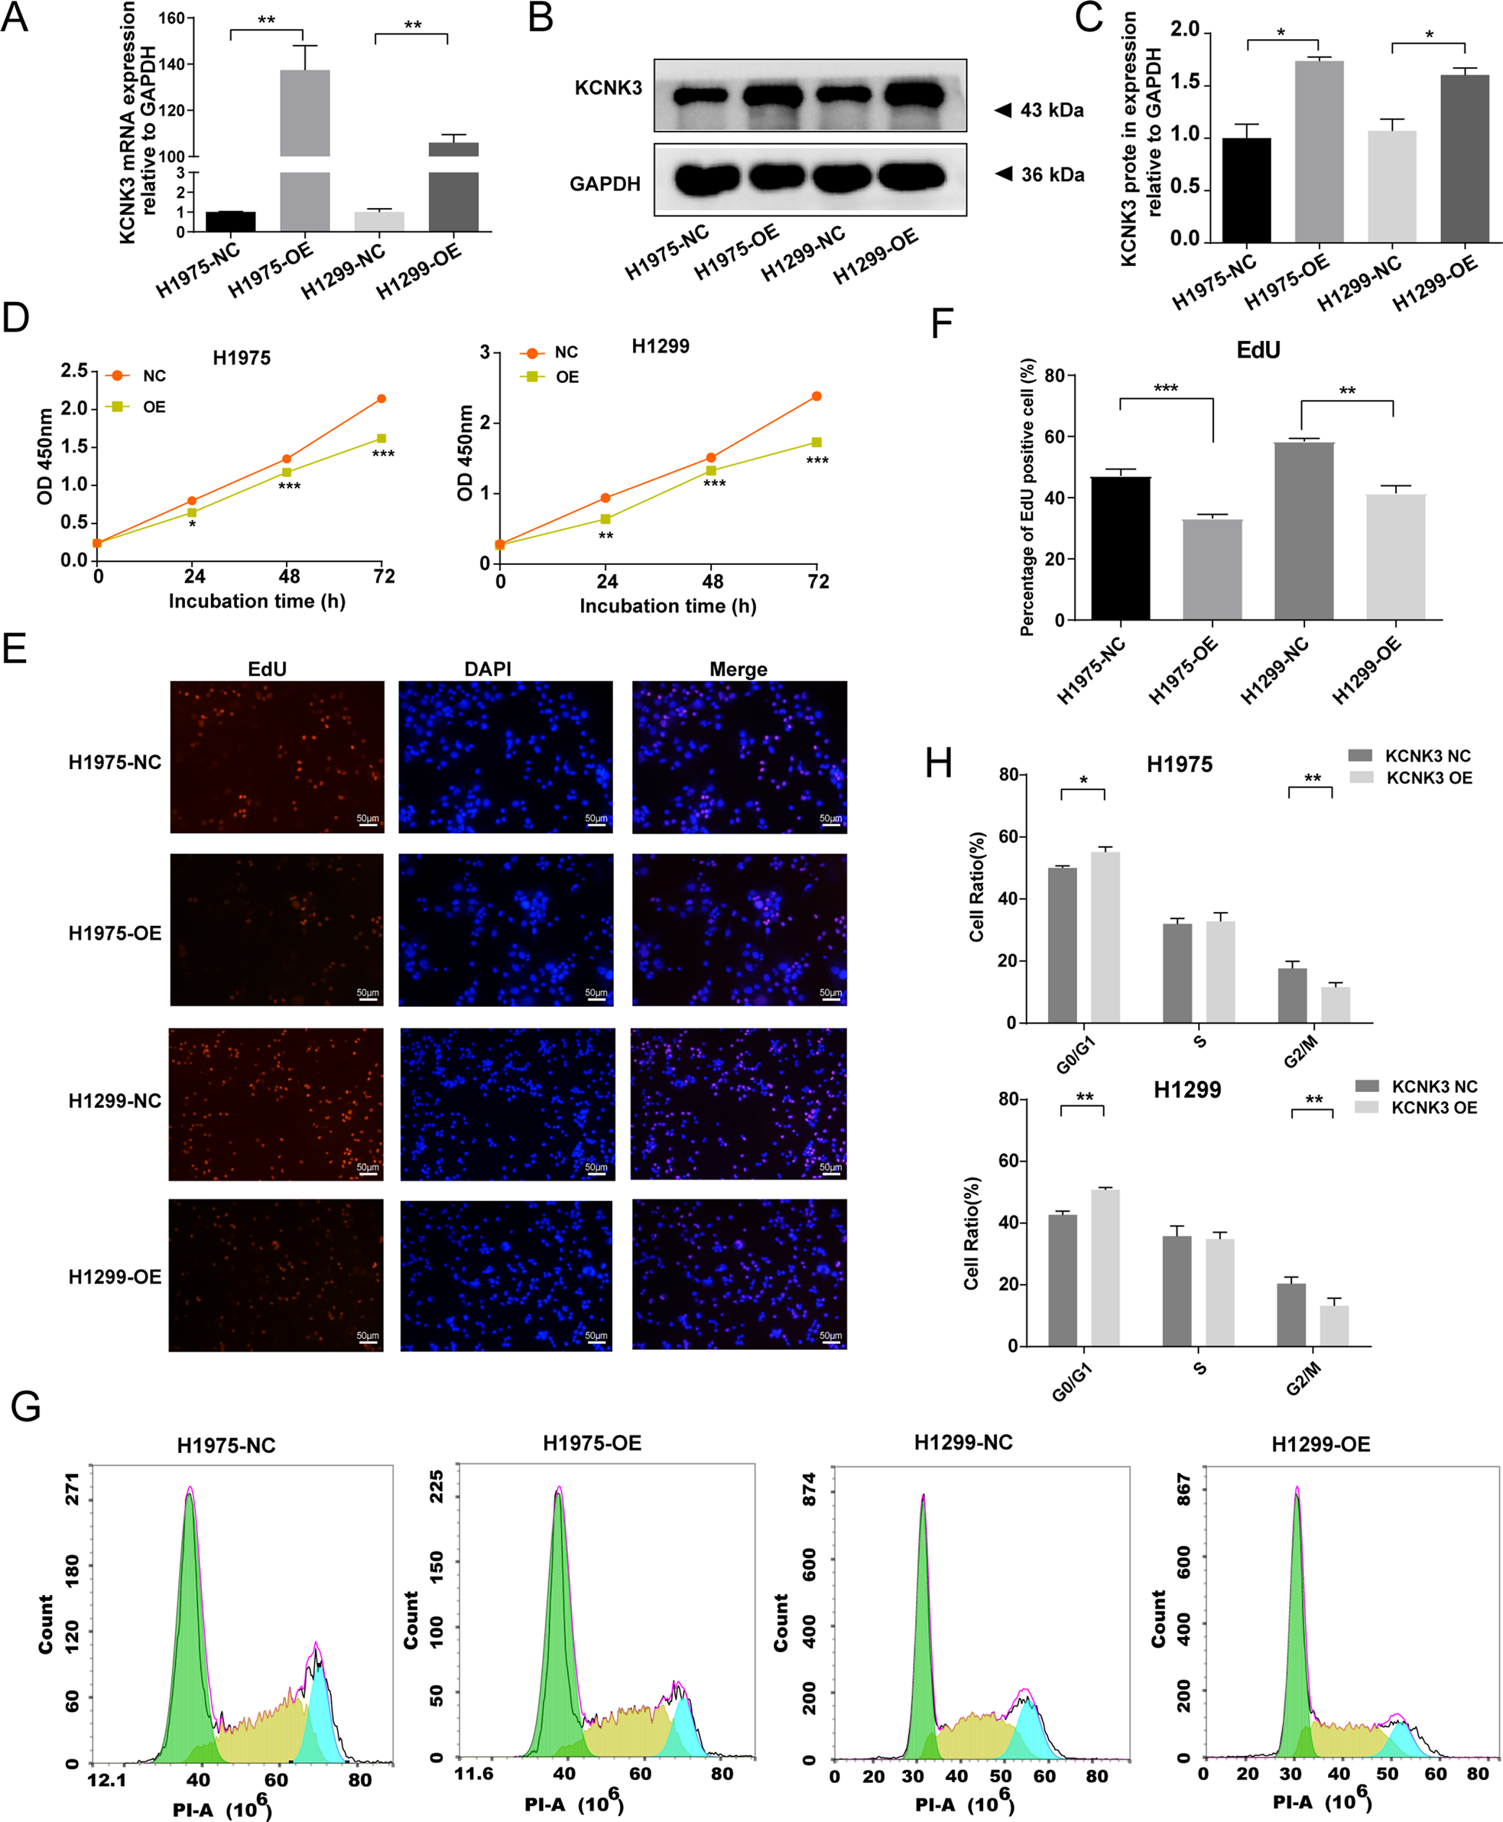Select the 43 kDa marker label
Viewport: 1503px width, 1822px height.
pyautogui.click(x=1051, y=110)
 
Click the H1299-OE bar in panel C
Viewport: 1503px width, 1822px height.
pyautogui.click(x=1465, y=158)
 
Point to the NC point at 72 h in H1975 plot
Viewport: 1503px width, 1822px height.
pyautogui.click(x=381, y=398)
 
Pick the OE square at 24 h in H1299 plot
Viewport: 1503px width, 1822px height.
pyautogui.click(x=605, y=518)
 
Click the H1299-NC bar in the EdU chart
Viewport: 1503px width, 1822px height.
pyautogui.click(x=1304, y=531)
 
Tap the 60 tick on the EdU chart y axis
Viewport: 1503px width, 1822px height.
pyautogui.click(x=1053, y=437)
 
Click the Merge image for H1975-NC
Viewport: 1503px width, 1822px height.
pyautogui.click(x=739, y=757)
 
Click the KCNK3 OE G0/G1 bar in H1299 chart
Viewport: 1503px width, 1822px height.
pyautogui.click(x=1105, y=1268)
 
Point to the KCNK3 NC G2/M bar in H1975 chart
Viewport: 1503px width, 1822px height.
pyautogui.click(x=1293, y=995)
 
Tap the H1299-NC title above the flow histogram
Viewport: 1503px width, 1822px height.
pyautogui.click(x=963, y=1443)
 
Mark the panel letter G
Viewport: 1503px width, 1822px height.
pyautogui.click(x=26, y=1406)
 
